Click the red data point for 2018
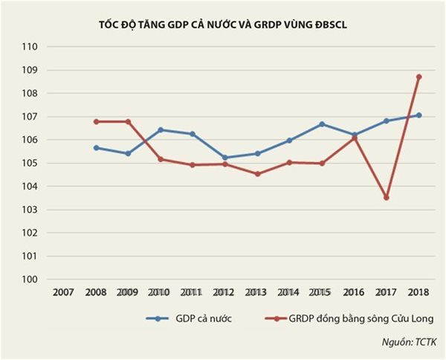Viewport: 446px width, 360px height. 419,77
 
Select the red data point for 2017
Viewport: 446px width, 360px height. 387,198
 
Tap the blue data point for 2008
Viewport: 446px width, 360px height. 96,148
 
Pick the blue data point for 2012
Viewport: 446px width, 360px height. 224,158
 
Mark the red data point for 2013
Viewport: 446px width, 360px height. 257,174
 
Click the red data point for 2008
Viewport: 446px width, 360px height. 96,121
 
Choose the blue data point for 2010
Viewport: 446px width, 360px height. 160,130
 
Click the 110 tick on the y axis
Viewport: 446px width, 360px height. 30,47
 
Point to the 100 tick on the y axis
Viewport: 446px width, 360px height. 30,280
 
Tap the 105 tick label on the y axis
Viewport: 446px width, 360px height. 30,164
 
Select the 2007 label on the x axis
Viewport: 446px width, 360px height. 63,292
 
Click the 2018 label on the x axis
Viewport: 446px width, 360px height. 419,292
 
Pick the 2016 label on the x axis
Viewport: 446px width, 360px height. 355,292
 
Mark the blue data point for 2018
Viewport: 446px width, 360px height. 419,115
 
